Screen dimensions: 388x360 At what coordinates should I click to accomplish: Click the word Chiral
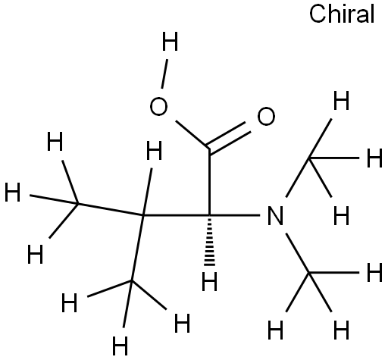pyautogui.click(x=342, y=14)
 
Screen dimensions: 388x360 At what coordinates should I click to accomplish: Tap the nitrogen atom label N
pyautogui.click(x=275, y=215)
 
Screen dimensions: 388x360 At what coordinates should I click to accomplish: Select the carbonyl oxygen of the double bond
pyautogui.click(x=266, y=116)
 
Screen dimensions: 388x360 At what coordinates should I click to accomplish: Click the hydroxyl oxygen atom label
pyautogui.click(x=158, y=106)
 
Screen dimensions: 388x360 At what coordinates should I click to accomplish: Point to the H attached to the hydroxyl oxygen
pyautogui.click(x=170, y=41)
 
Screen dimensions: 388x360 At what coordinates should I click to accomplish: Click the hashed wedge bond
pyautogui.click(x=209, y=240)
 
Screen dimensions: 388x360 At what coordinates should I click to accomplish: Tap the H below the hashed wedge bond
pyautogui.click(x=209, y=281)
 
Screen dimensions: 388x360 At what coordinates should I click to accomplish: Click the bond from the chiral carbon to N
pyautogui.click(x=235, y=215)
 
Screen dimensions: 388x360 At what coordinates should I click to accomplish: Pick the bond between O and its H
pyautogui.click(x=164, y=74)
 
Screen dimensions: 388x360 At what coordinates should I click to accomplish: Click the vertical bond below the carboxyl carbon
pyautogui.click(x=209, y=182)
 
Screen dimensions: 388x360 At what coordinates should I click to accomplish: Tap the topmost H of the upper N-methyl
pyautogui.click(x=341, y=101)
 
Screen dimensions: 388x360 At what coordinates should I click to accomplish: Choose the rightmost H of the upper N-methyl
pyautogui.click(x=374, y=158)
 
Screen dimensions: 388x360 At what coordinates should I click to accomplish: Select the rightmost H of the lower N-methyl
pyautogui.click(x=374, y=273)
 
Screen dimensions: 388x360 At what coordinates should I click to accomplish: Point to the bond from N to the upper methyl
pyautogui.click(x=297, y=177)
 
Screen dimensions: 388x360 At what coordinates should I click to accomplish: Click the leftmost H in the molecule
pyautogui.click(x=12, y=193)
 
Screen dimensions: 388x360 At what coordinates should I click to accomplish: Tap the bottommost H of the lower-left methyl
pyautogui.click(x=120, y=346)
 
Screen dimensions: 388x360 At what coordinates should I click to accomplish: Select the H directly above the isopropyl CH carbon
pyautogui.click(x=154, y=151)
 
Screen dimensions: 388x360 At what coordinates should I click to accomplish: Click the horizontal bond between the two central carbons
pyautogui.click(x=177, y=215)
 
